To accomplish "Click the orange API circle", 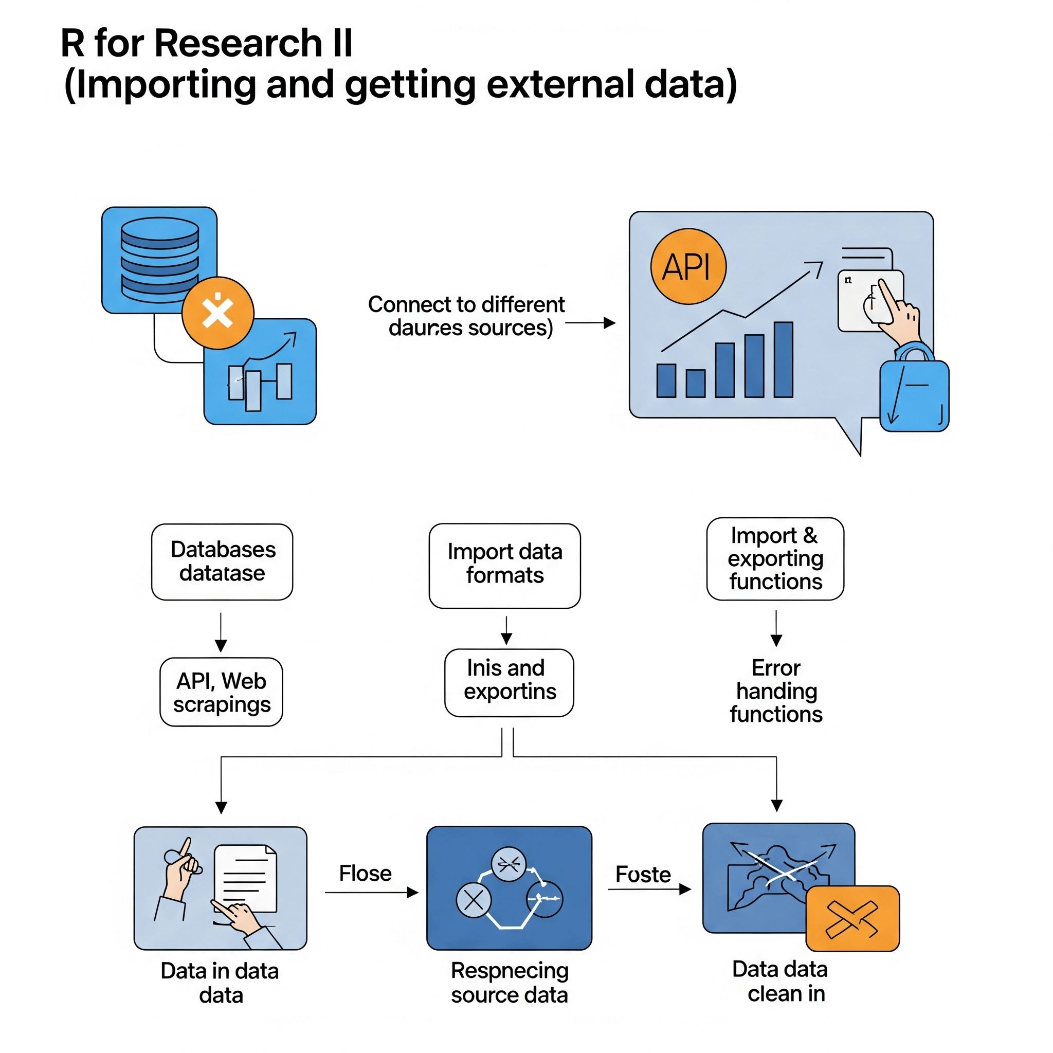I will (x=688, y=266).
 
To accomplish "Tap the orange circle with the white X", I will (x=217, y=313).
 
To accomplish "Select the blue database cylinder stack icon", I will (x=160, y=260).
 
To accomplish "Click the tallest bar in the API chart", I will (x=783, y=360).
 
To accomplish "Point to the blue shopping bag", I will (x=914, y=396).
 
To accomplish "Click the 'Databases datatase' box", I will (x=222, y=561).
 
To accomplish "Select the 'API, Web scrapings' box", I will (x=221, y=692).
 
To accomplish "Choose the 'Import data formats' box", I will (x=504, y=565).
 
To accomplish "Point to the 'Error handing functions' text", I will (x=775, y=691).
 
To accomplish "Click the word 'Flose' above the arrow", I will (x=365, y=873).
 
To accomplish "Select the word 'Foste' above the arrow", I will (x=643, y=874).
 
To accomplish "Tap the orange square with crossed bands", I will (x=852, y=919).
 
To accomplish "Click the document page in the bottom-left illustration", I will (x=245, y=878).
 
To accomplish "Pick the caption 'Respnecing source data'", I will (x=509, y=982).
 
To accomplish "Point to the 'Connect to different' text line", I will (x=466, y=304).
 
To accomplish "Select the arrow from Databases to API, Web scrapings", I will (x=221, y=632).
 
